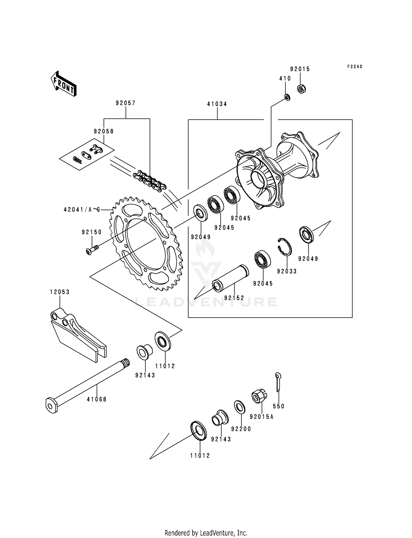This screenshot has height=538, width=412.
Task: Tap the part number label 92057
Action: click(126, 103)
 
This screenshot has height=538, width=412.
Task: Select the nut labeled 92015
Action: click(302, 89)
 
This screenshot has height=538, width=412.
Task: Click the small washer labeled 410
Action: click(287, 97)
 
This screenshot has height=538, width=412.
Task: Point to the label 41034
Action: click(217, 104)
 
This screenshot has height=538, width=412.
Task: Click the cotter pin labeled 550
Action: click(278, 382)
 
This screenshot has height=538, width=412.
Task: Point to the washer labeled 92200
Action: click(239, 408)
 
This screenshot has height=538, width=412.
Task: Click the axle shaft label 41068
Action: click(97, 400)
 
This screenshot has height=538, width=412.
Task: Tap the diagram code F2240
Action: click(355, 67)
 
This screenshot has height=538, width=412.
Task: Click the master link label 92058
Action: click(104, 131)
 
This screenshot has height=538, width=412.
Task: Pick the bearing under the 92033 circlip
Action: click(262, 259)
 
